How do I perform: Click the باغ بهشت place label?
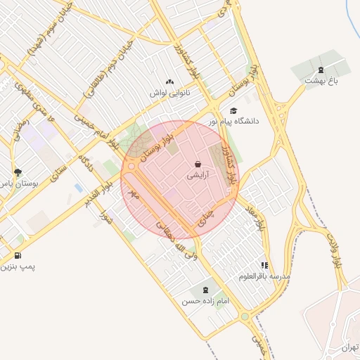[x=321, y=80]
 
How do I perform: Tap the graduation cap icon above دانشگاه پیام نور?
[x=233, y=110]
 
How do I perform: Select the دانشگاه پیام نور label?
[x=233, y=121]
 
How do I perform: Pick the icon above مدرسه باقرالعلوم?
[x=264, y=265]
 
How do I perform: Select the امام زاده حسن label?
[x=206, y=300]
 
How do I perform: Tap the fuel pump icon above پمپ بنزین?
[x=18, y=255]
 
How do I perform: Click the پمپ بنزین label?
[x=18, y=266]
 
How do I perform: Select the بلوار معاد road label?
[x=255, y=219]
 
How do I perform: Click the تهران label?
[x=349, y=347]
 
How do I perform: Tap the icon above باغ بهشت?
[x=321, y=69]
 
